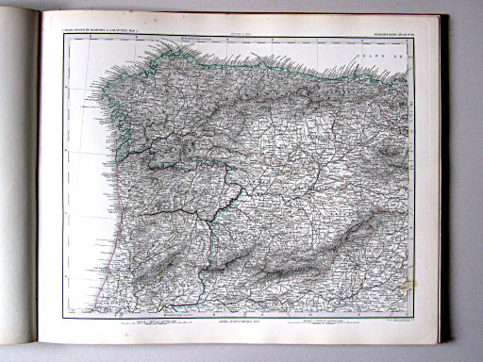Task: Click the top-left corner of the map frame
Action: point(64,37)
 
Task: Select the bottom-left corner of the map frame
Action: point(64,317)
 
